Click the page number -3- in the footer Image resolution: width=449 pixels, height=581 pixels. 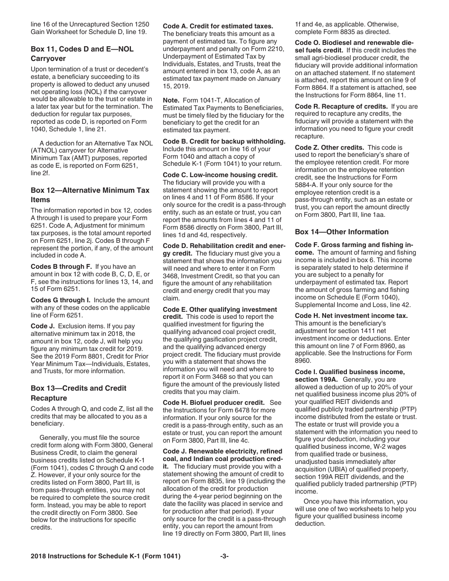pyautogui.click(x=224, y=556)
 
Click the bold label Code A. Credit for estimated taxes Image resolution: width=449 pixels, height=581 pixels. pyautogui.click(x=218, y=26)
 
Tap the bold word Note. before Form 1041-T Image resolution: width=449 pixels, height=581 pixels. pyautogui.click(x=171, y=100)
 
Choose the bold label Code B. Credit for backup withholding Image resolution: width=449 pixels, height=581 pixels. pyautogui.click(x=224, y=141)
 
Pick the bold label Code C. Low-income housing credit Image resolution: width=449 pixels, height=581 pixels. pyautogui.click(x=220, y=175)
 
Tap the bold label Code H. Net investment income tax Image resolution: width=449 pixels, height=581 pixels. pyautogui.click(x=351, y=316)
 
